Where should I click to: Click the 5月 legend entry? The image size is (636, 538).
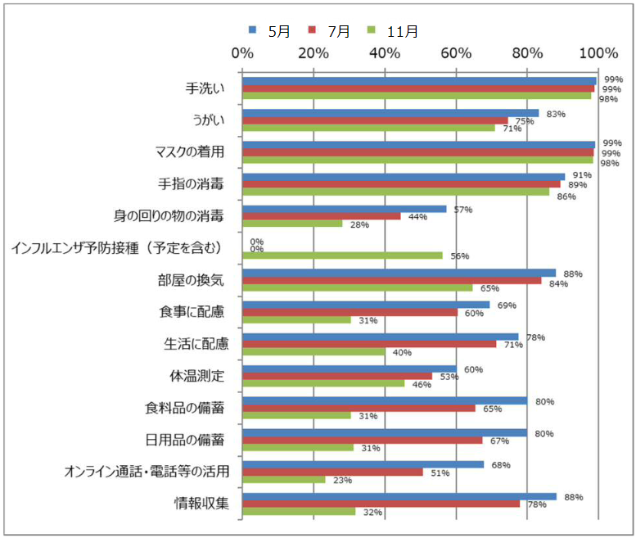[271, 31]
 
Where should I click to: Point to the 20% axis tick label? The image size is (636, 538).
[313, 53]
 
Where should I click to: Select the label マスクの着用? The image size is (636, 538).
[189, 151]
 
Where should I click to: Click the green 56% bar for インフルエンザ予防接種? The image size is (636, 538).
[342, 255]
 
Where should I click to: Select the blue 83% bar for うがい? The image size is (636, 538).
[390, 113]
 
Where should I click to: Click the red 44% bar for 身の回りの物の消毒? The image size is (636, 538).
[321, 216]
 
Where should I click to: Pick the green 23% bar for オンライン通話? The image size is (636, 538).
[283, 480]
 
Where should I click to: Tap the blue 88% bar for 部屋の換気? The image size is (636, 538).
[399, 273]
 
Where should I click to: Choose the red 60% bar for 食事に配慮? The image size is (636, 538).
[350, 312]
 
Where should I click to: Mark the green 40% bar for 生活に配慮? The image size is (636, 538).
[313, 352]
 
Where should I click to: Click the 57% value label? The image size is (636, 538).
[463, 210]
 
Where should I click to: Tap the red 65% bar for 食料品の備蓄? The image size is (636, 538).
[359, 408]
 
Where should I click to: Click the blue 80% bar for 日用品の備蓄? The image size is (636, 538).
[385, 432]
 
